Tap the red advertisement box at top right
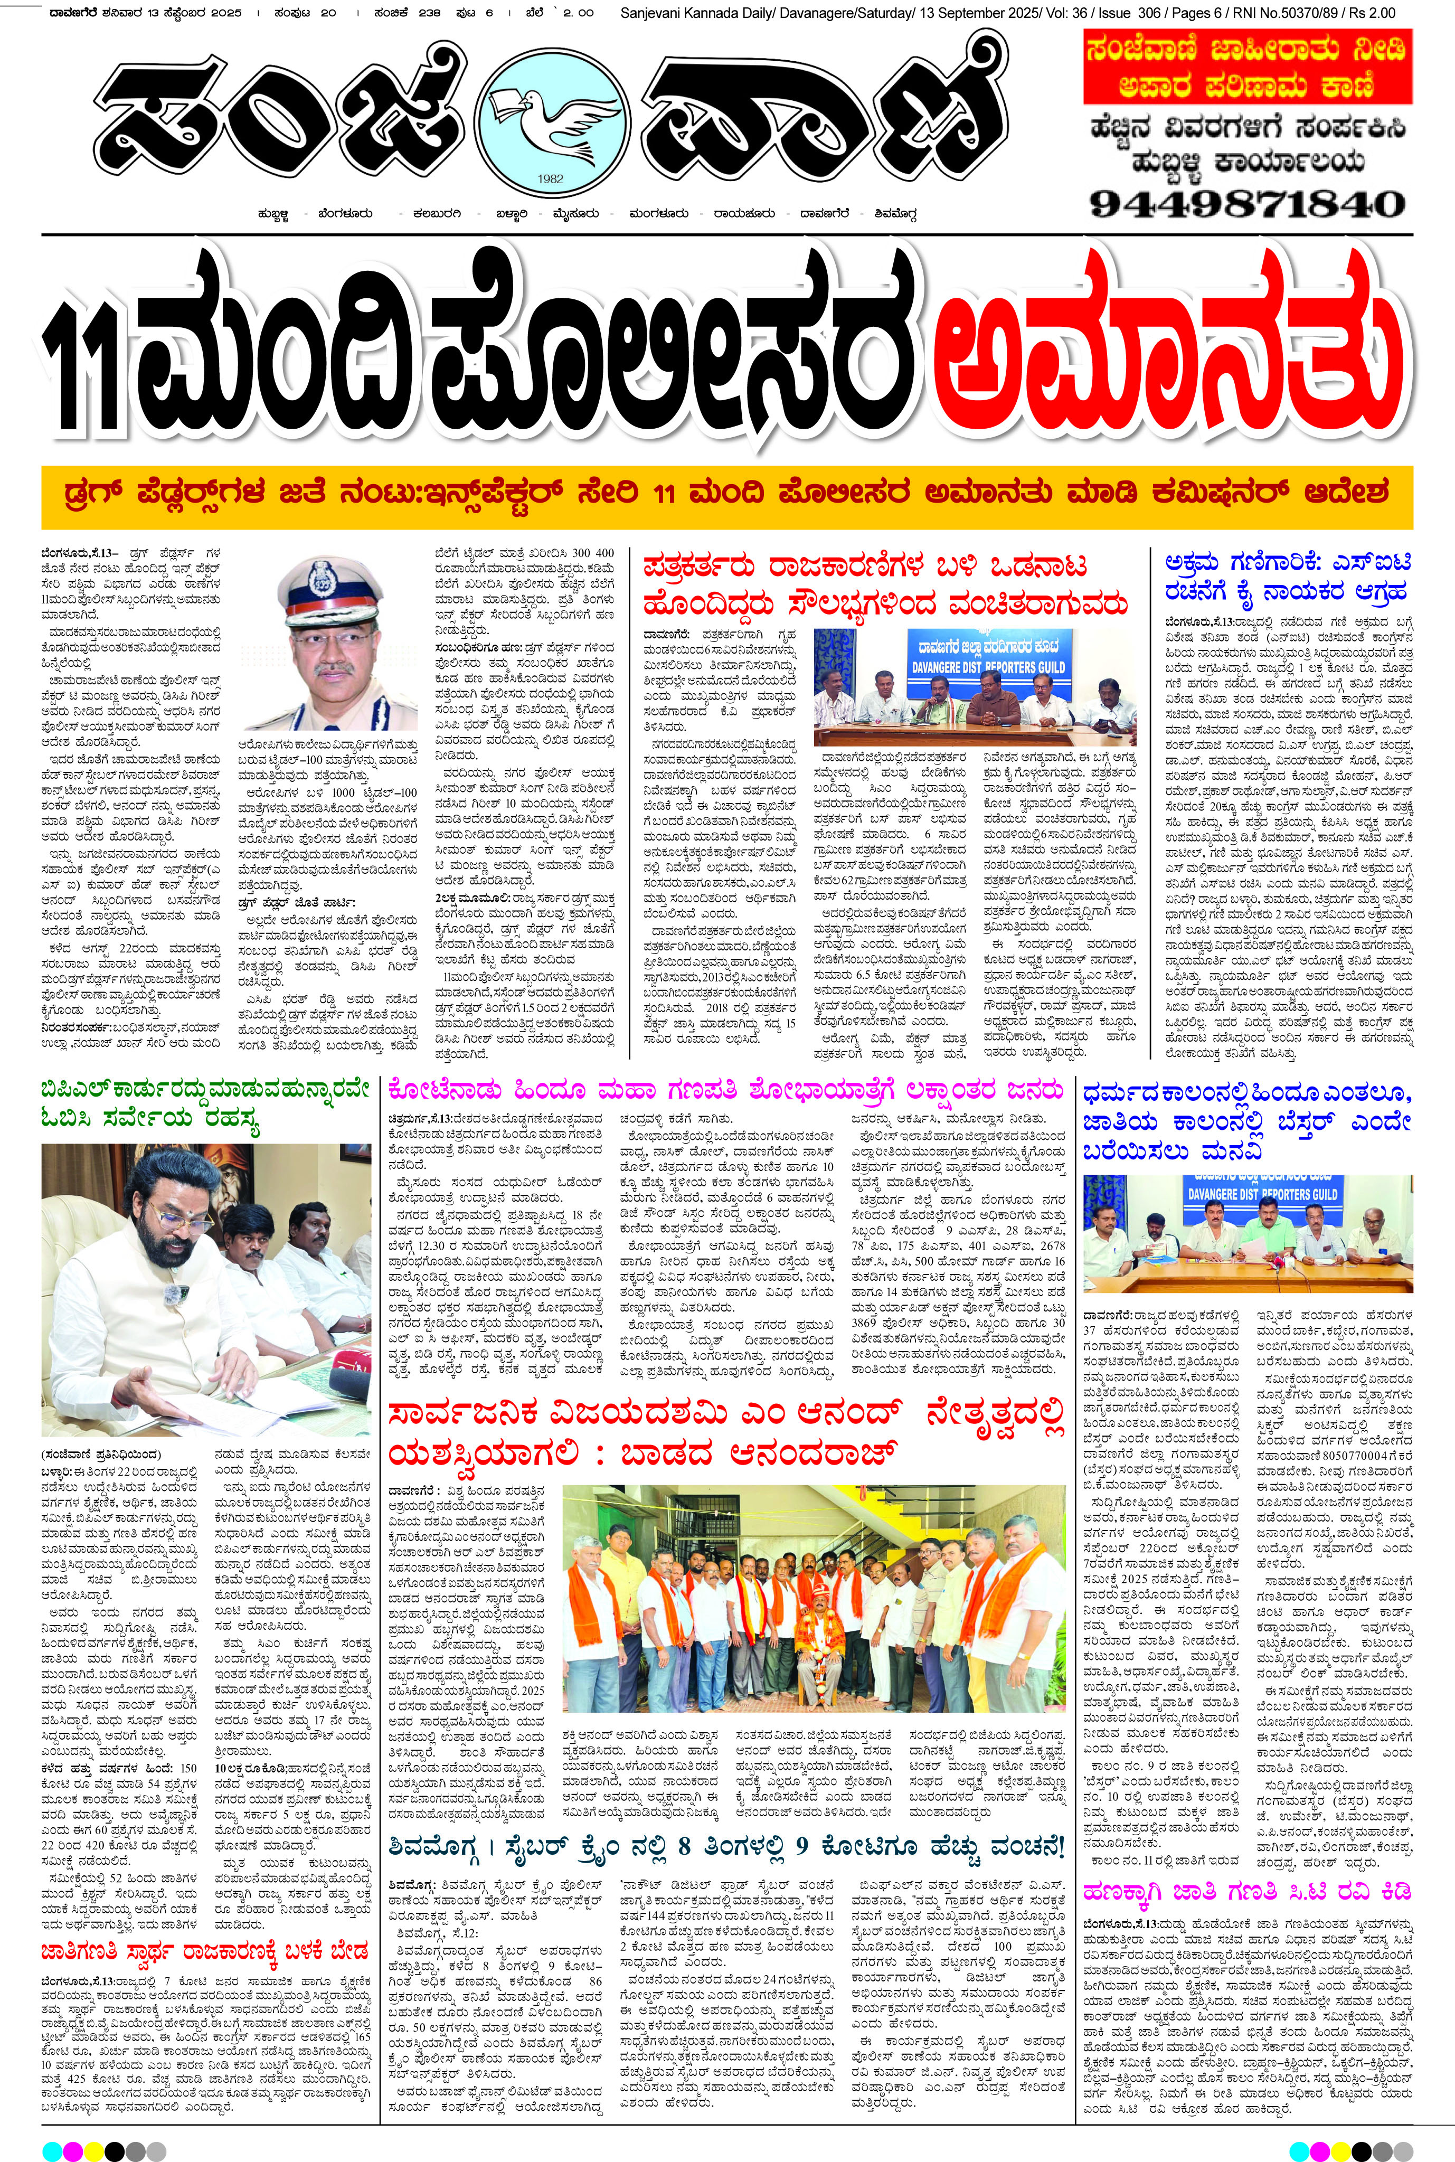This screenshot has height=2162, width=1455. point(1248,67)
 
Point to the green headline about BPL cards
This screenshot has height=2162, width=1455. point(206,1103)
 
